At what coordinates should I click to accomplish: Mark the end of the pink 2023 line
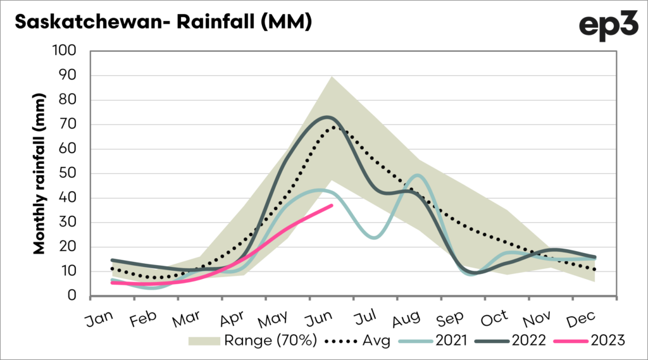coord(331,206)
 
